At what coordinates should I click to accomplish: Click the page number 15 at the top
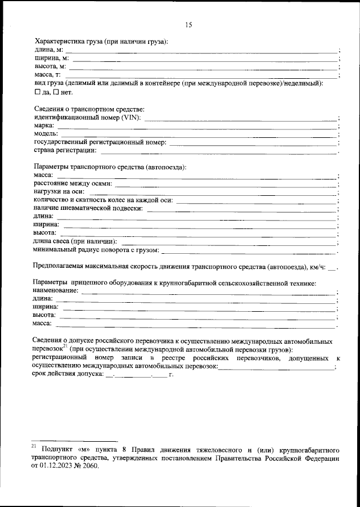click(188, 24)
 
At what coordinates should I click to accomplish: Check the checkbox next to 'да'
click(38, 91)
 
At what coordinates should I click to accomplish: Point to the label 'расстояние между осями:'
click(73, 183)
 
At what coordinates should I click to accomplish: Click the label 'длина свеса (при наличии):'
click(75, 241)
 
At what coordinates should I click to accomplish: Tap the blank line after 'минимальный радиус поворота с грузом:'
click(250, 249)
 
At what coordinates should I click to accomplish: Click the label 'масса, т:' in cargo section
click(47, 74)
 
